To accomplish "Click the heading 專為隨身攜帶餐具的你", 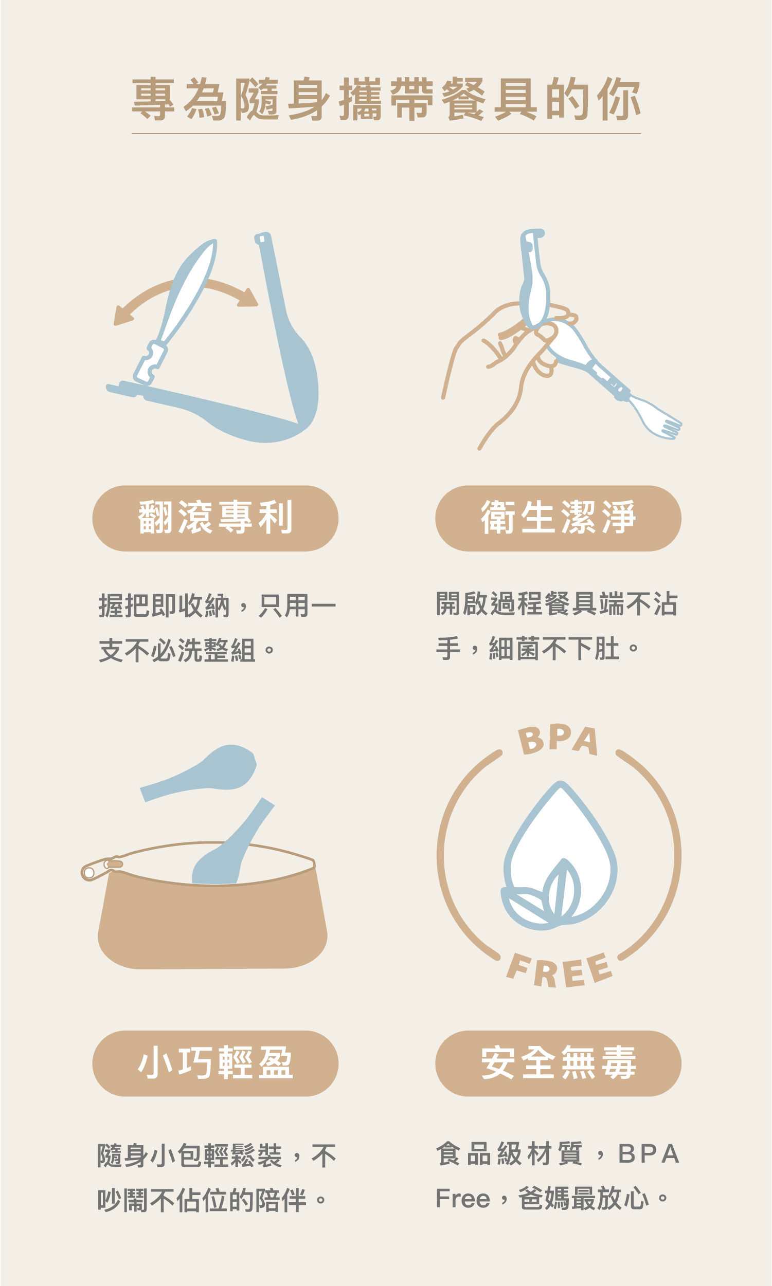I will pos(385,99).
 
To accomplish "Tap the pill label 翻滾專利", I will pos(215,518).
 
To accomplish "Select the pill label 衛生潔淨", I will pos(558,518).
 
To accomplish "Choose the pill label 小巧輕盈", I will pos(215,1063).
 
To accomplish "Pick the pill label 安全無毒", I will pos(558,1063).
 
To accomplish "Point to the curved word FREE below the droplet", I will pos(559,971).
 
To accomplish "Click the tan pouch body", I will pos(212,925).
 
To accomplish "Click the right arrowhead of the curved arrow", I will pos(248,299).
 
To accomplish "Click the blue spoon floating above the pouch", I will pos(208,771).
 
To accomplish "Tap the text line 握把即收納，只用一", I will pos(217,606).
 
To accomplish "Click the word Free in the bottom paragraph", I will pos(462,1199).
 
